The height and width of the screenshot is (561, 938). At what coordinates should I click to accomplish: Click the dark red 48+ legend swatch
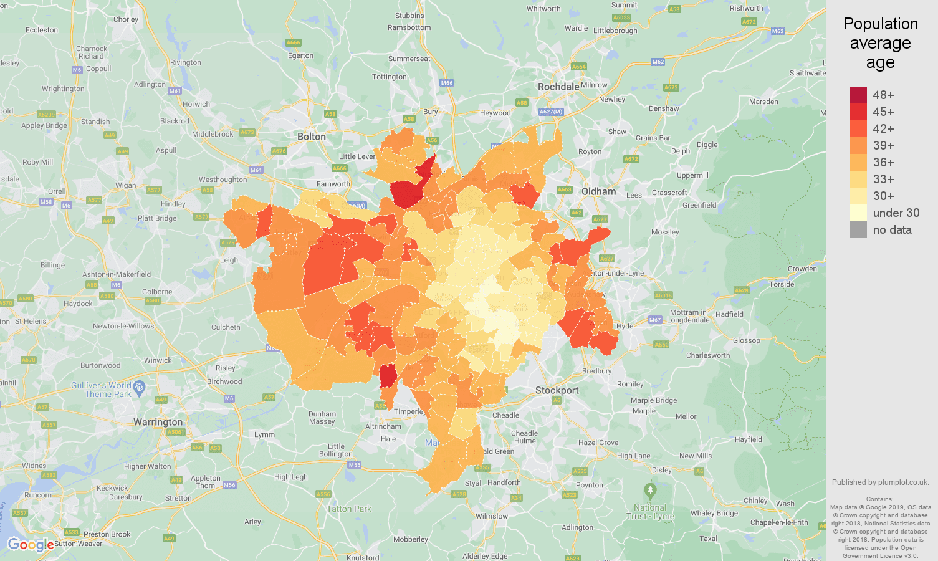[x=858, y=95]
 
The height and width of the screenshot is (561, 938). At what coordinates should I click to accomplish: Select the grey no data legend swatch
[x=858, y=229]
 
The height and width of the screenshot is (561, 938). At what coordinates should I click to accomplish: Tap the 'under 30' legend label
[x=896, y=213]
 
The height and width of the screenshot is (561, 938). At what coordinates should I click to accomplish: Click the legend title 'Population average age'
[x=880, y=43]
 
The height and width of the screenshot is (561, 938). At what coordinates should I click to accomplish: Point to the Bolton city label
[x=312, y=137]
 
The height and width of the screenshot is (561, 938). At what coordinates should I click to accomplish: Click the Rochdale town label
[x=558, y=87]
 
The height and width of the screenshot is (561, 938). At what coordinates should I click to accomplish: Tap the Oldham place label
[x=598, y=191]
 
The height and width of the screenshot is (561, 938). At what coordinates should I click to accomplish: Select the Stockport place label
[x=557, y=390]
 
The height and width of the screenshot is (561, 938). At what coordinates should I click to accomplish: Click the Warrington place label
[x=158, y=422]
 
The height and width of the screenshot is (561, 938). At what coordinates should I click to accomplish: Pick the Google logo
[x=31, y=545]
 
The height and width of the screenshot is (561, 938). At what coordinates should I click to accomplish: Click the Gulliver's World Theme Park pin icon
[x=140, y=388]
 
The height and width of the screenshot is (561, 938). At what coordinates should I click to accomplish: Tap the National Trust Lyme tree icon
[x=650, y=491]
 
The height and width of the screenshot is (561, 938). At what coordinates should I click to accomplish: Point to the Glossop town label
[x=746, y=340]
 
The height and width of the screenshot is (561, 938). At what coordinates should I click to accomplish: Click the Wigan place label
[x=125, y=185]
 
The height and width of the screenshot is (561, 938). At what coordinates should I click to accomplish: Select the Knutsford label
[x=363, y=557]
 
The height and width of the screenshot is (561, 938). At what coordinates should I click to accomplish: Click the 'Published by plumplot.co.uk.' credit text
[x=880, y=482]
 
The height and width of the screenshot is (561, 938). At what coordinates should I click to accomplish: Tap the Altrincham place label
[x=383, y=426]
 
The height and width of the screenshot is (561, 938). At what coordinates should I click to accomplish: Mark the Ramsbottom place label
[x=409, y=27]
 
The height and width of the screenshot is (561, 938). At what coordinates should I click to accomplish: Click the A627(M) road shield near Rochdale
[x=551, y=112]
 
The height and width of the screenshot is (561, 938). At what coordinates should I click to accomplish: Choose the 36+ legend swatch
[x=858, y=162]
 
